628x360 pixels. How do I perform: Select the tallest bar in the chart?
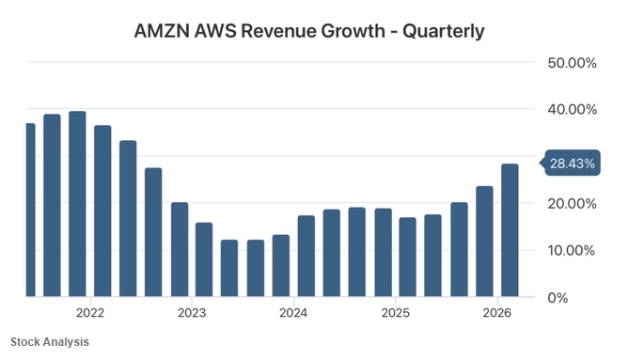pyautogui.click(x=77, y=204)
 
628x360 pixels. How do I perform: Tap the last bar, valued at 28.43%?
pyautogui.click(x=510, y=230)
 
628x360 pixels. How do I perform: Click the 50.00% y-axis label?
pyautogui.click(x=572, y=63)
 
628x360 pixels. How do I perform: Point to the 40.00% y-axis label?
pyautogui.click(x=572, y=109)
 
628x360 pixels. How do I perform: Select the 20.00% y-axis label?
pyautogui.click(x=572, y=204)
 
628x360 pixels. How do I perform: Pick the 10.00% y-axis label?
pyautogui.click(x=572, y=251)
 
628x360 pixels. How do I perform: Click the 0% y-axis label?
pyautogui.click(x=557, y=298)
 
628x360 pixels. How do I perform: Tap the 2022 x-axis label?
pyautogui.click(x=90, y=313)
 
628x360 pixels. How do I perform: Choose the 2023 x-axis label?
pyautogui.click(x=192, y=313)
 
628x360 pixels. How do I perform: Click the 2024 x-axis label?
pyautogui.click(x=293, y=313)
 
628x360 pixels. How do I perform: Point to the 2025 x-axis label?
pyautogui.click(x=395, y=313)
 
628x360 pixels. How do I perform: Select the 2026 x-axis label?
pyautogui.click(x=497, y=313)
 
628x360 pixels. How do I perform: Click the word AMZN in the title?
pyautogui.click(x=162, y=31)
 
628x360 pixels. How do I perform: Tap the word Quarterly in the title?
pyautogui.click(x=444, y=32)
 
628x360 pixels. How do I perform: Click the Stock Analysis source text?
pyautogui.click(x=50, y=342)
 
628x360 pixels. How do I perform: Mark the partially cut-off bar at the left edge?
pyautogui.click(x=31, y=210)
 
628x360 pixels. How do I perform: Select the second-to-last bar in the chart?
pyautogui.click(x=484, y=242)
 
